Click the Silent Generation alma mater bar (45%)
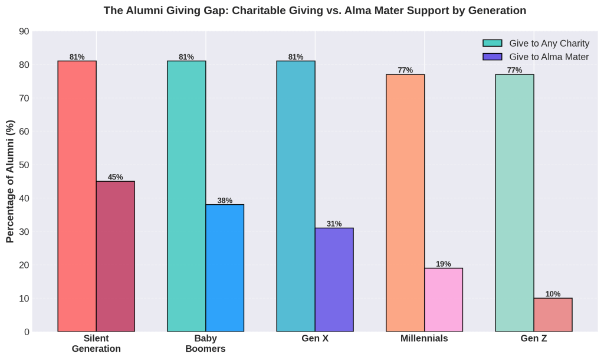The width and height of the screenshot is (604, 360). [115, 256]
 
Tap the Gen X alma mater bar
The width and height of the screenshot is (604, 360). [334, 280]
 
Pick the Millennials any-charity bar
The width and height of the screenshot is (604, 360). [405, 203]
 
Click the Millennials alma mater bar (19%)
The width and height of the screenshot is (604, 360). [444, 300]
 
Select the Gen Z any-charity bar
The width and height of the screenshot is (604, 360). [514, 203]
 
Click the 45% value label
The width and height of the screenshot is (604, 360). [115, 177]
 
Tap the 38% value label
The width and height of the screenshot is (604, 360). [225, 201]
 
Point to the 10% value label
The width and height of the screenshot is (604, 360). [553, 294]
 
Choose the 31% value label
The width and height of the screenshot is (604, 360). [334, 224]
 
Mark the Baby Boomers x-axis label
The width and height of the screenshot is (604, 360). [205, 343]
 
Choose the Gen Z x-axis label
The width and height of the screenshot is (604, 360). [534, 339]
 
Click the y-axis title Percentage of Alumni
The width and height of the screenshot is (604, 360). [10, 181]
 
